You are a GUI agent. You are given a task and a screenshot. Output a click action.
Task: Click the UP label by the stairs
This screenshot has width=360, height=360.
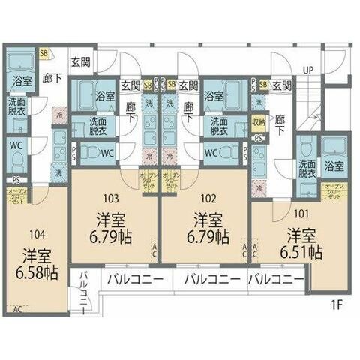point(308,70)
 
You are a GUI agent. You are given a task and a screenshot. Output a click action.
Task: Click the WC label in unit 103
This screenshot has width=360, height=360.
point(107,153)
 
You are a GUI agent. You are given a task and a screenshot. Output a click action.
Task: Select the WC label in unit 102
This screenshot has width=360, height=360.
point(211,153)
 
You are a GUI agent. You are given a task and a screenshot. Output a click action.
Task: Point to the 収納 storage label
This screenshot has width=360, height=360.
point(258,121)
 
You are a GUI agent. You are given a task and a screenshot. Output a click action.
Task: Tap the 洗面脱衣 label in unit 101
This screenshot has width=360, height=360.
point(307,169)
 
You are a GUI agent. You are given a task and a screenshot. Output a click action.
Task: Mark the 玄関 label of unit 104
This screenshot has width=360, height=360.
point(81,63)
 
